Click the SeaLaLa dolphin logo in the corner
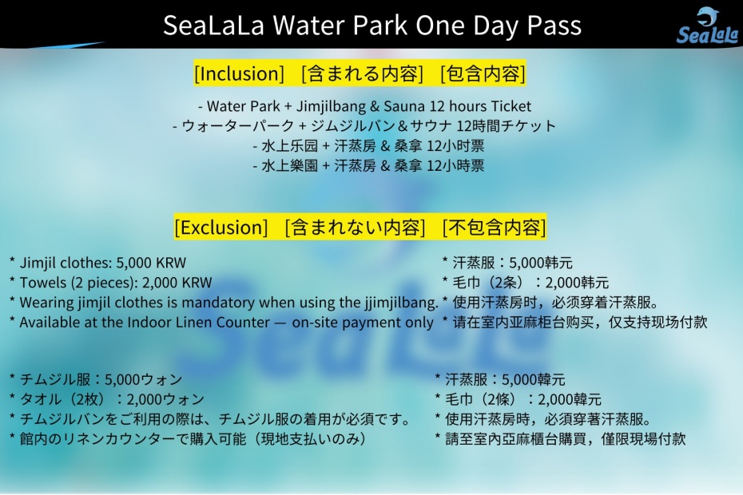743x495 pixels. click(x=707, y=26)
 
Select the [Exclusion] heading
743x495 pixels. click(x=221, y=228)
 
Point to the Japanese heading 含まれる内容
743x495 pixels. click(x=362, y=73)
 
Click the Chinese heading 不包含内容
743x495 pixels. click(x=495, y=228)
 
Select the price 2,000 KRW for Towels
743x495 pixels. click(x=177, y=283)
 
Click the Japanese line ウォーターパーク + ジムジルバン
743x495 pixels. click(x=364, y=125)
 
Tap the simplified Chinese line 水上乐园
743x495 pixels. click(x=368, y=145)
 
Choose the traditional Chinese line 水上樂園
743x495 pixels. click(x=368, y=165)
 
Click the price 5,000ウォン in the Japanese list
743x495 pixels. click(x=143, y=379)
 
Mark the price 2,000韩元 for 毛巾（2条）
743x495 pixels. click(x=577, y=283)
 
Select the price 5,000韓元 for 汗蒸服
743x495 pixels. click(x=533, y=379)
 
